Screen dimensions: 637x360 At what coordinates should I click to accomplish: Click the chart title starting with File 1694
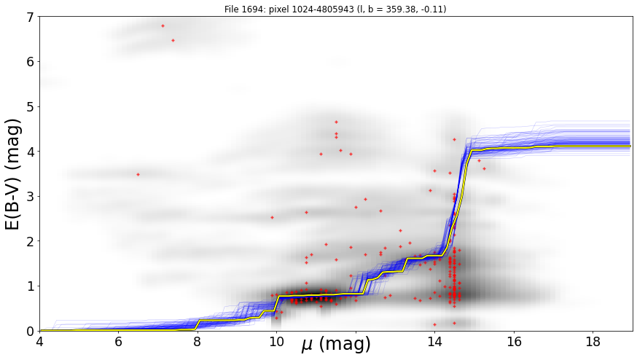coord(335,9)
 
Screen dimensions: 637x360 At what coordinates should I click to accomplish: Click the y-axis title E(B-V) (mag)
coord(13,174)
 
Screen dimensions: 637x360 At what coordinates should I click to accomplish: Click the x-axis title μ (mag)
coord(336,345)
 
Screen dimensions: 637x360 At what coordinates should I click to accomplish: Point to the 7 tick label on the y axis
coord(31,17)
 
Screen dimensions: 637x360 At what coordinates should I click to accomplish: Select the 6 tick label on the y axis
coord(31,62)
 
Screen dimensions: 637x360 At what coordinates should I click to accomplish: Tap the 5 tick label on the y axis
coord(31,107)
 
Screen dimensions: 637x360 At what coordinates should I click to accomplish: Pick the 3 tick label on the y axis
coord(31,197)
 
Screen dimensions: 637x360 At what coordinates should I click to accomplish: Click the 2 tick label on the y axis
coord(31,241)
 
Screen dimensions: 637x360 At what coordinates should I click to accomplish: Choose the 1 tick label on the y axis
coord(31,286)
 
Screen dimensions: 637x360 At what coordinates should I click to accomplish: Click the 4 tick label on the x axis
coord(40,342)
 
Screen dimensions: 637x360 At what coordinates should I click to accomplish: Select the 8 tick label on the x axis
coord(198,342)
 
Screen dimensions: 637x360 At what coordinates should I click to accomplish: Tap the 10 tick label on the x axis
coord(277,342)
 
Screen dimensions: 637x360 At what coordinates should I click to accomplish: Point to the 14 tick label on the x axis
coord(434,342)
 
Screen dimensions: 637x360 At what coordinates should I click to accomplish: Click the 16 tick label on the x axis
coord(514,342)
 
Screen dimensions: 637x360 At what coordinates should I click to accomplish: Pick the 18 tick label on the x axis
coord(593,342)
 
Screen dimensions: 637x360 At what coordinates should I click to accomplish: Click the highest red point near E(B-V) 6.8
coord(163,26)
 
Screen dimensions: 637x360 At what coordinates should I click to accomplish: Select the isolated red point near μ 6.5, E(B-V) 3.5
coord(138,174)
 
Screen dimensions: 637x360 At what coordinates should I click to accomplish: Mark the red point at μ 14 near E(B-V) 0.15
coord(434,324)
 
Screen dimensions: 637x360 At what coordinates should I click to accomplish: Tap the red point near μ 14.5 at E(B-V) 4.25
coord(454,139)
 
